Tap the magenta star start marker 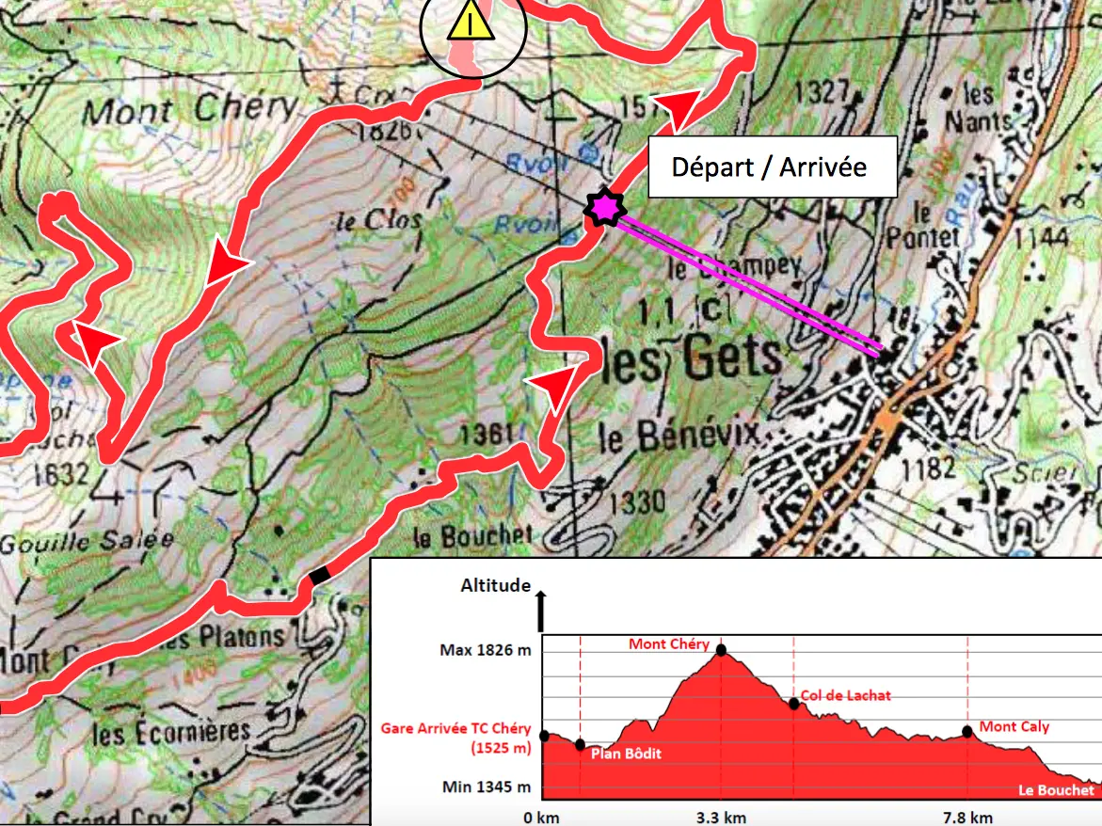click(601, 207)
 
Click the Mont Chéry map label click(189, 110)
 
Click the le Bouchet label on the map click(472, 536)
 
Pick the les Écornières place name click(172, 731)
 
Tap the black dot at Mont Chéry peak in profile click(721, 649)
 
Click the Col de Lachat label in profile click(845, 695)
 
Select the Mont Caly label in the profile click(1014, 726)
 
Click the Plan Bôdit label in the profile click(626, 754)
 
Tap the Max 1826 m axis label click(484, 649)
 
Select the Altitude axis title click(495, 585)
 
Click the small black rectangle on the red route click(321, 574)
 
